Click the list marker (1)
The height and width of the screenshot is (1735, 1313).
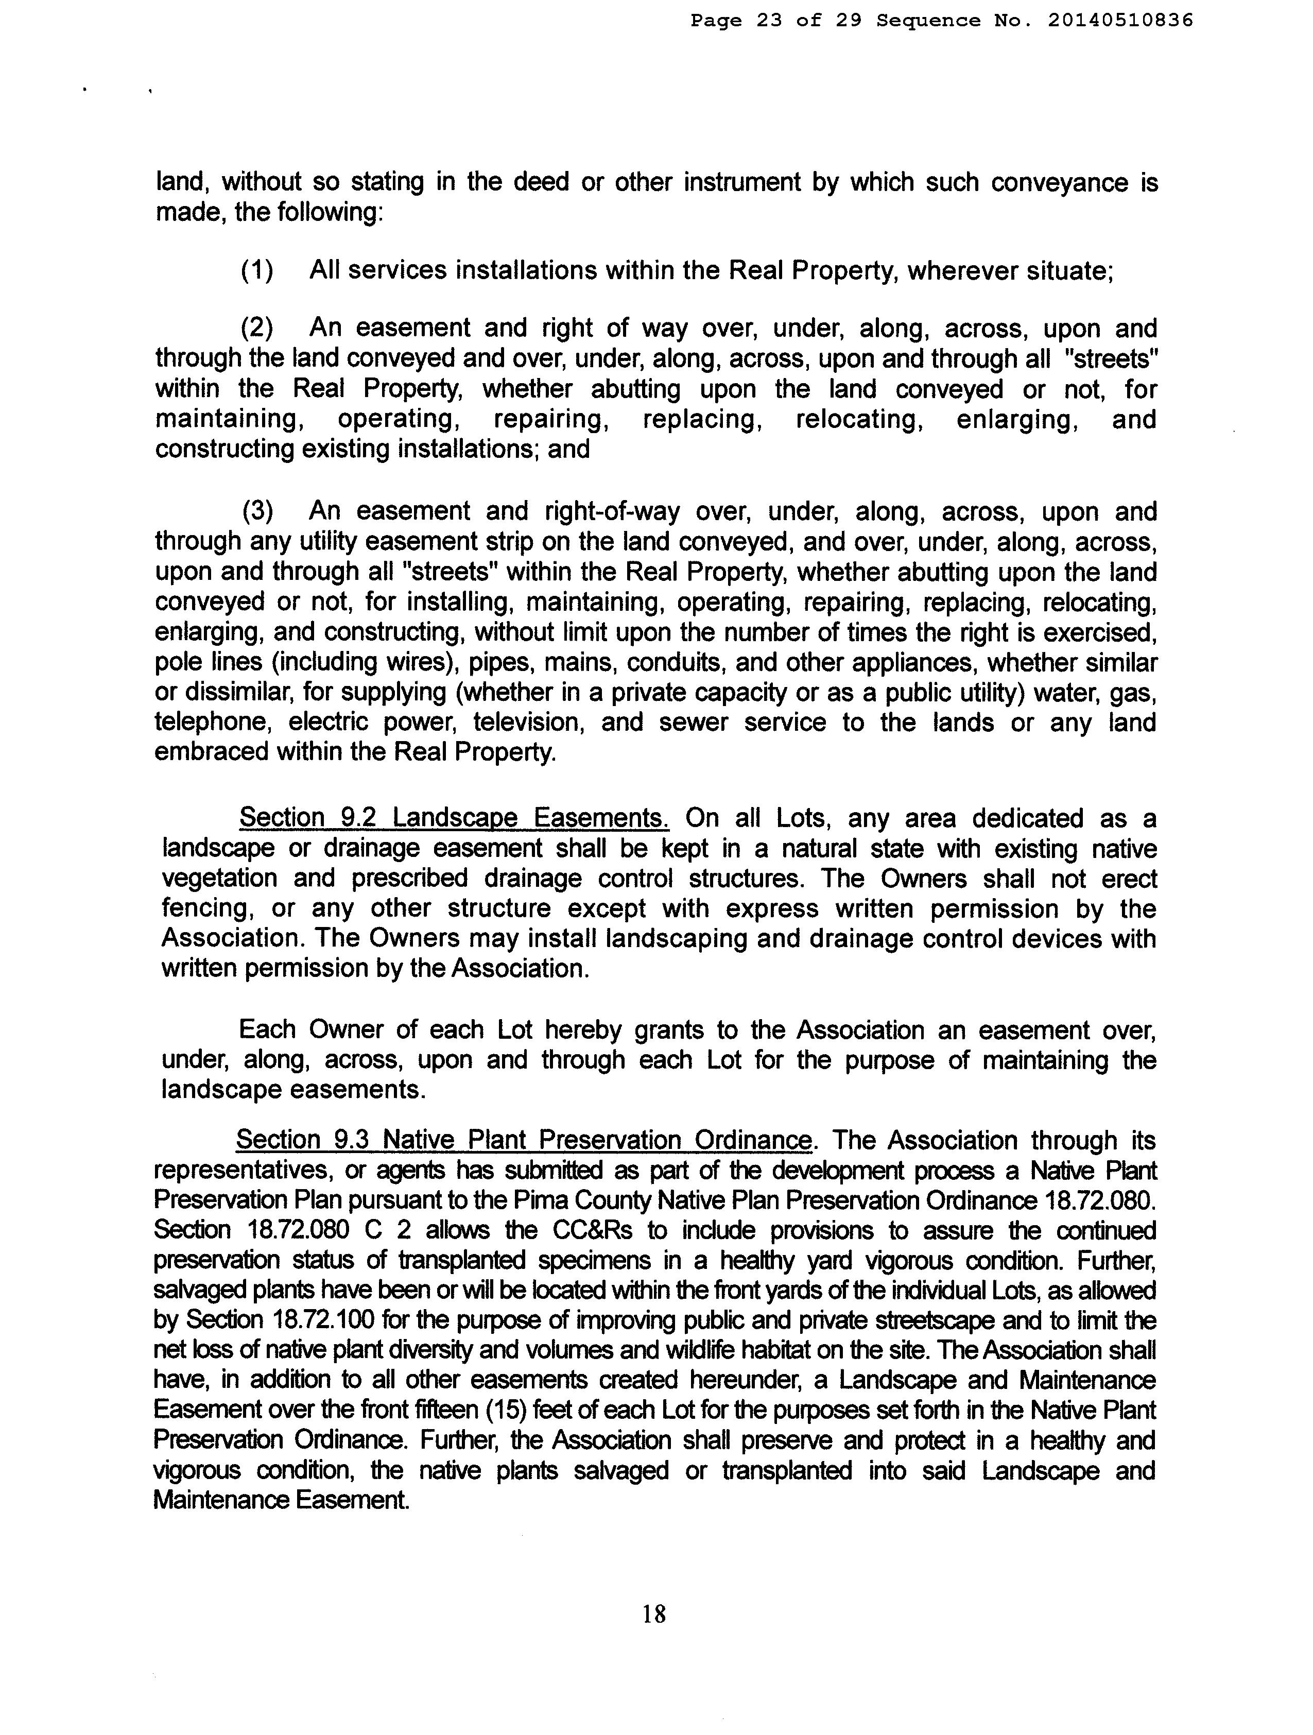257,270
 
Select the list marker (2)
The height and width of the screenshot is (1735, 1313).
257,328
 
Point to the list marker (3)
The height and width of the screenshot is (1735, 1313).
257,511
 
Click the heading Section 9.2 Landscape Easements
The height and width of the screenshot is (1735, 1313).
453,818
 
